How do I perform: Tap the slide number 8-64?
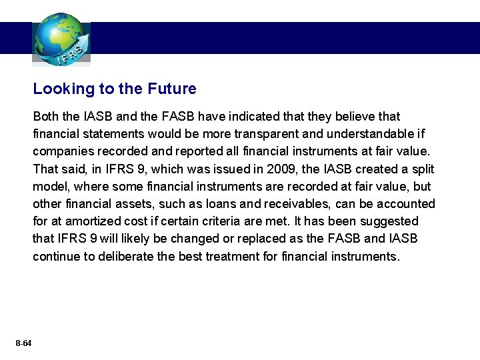click(x=23, y=343)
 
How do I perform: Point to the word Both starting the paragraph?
click(x=47, y=117)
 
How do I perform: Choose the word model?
click(x=49, y=187)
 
